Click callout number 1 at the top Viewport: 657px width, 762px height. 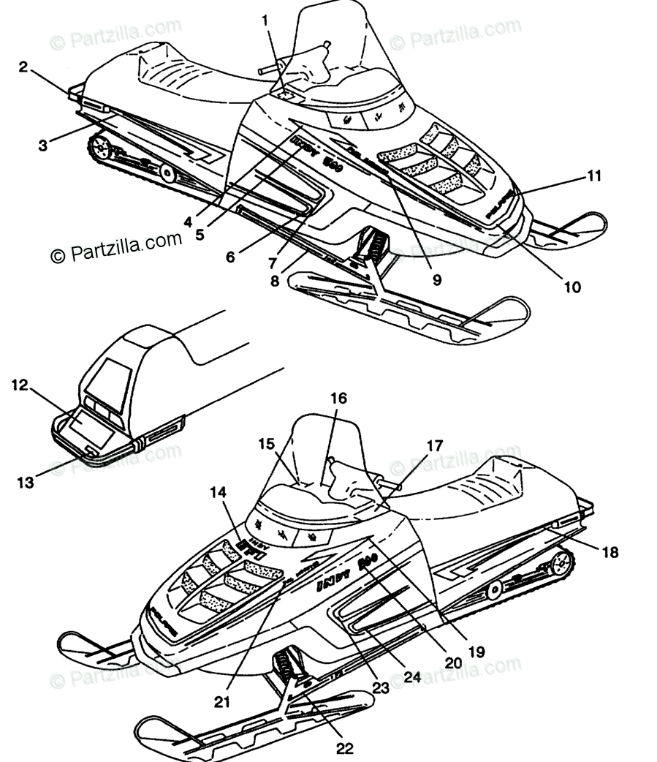(265, 20)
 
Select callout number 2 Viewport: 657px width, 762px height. (24, 67)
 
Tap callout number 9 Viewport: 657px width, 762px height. (436, 279)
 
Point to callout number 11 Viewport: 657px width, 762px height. (594, 176)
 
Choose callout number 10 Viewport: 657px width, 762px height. (572, 287)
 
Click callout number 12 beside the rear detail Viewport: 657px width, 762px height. (20, 384)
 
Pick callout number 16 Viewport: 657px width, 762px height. (338, 399)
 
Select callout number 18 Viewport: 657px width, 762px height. (609, 552)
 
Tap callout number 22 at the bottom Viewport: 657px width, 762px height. (344, 748)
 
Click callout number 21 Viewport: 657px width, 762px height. (222, 703)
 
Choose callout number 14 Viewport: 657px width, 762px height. (219, 493)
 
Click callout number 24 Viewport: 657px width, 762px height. (412, 677)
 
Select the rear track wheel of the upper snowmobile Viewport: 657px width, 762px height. (100, 150)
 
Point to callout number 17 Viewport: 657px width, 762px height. (435, 445)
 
